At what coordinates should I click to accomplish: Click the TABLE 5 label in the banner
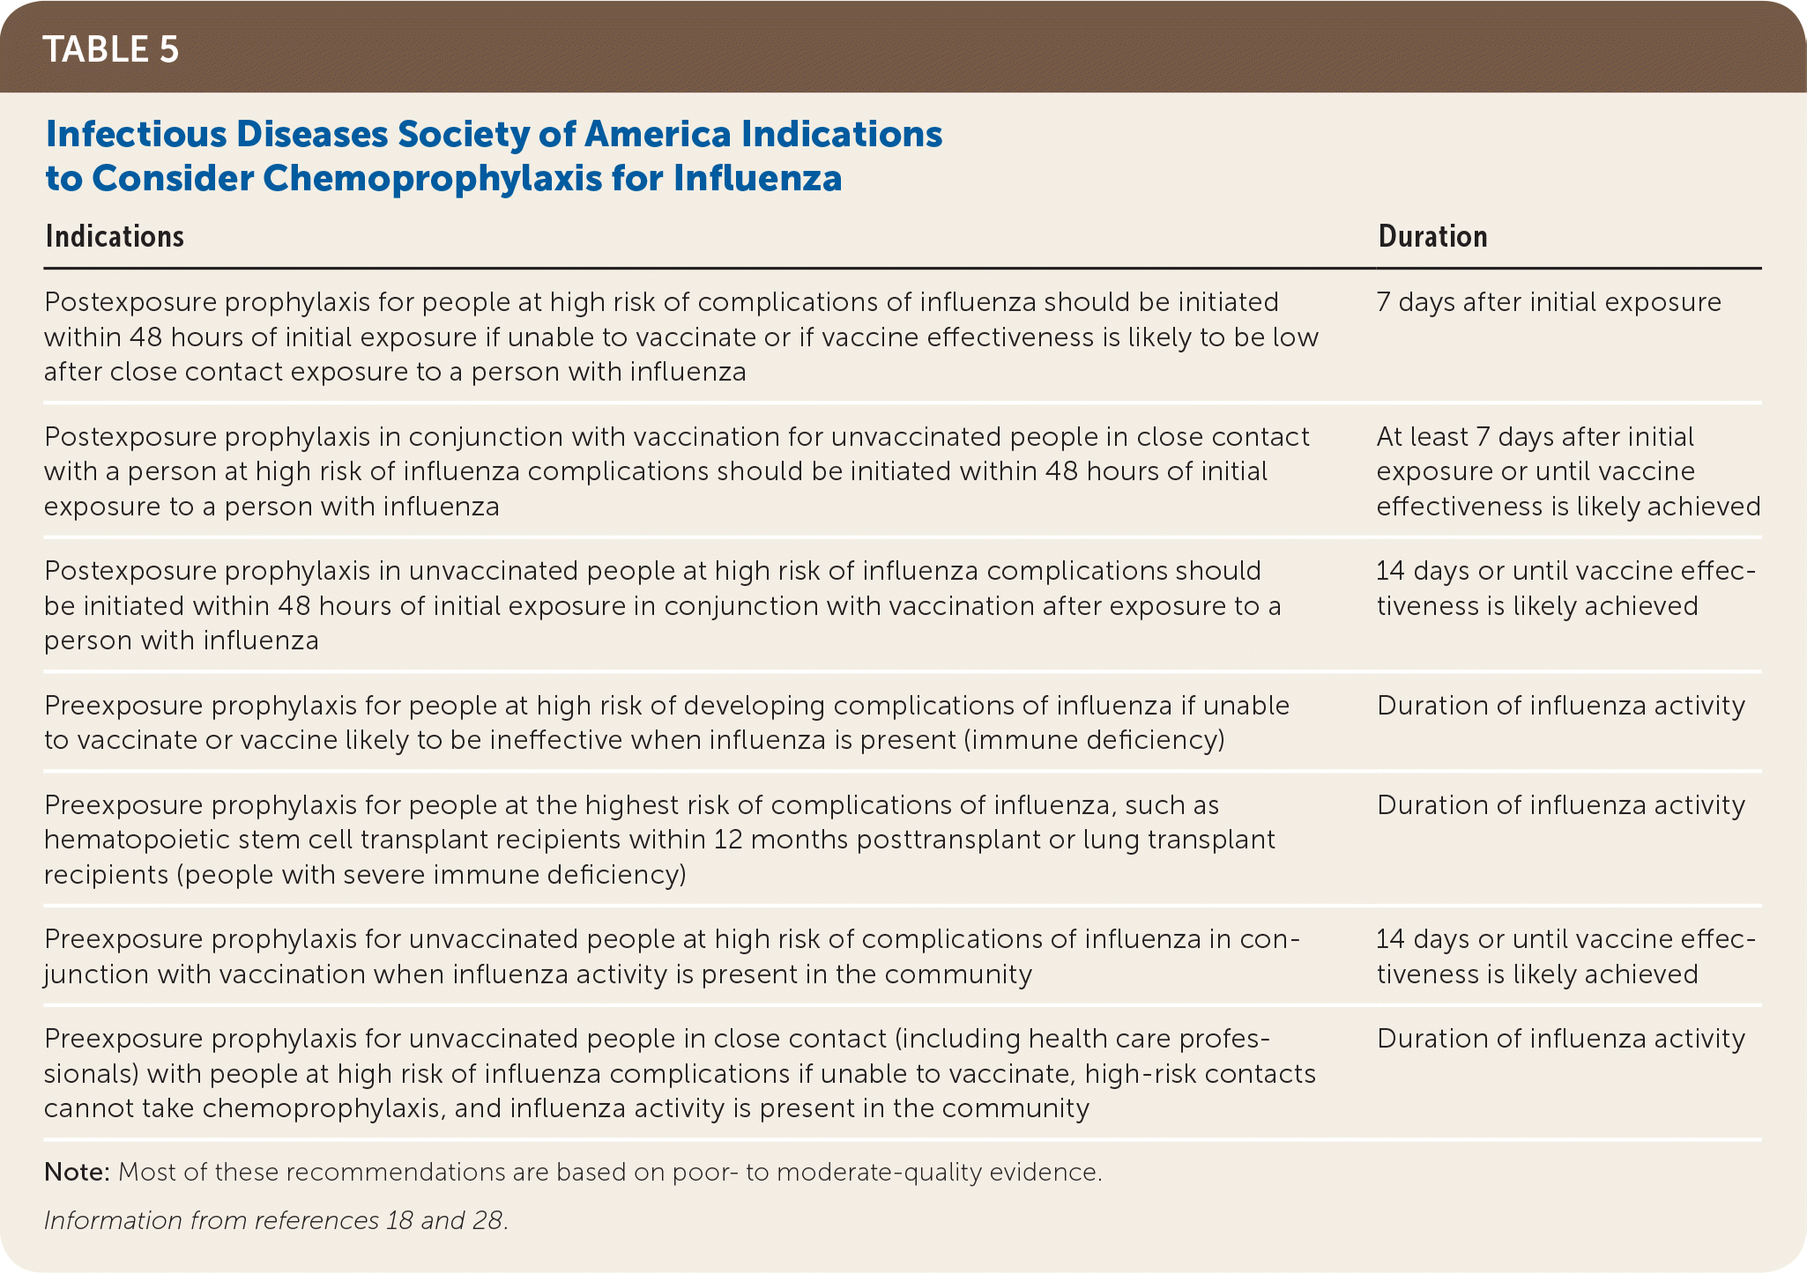111,49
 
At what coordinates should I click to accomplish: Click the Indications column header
115,236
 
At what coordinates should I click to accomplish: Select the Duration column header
1432,236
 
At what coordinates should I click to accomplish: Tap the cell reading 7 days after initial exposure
1548,302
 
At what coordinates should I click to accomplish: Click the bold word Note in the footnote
76,1172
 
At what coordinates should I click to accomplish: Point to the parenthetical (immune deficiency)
1093,739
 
